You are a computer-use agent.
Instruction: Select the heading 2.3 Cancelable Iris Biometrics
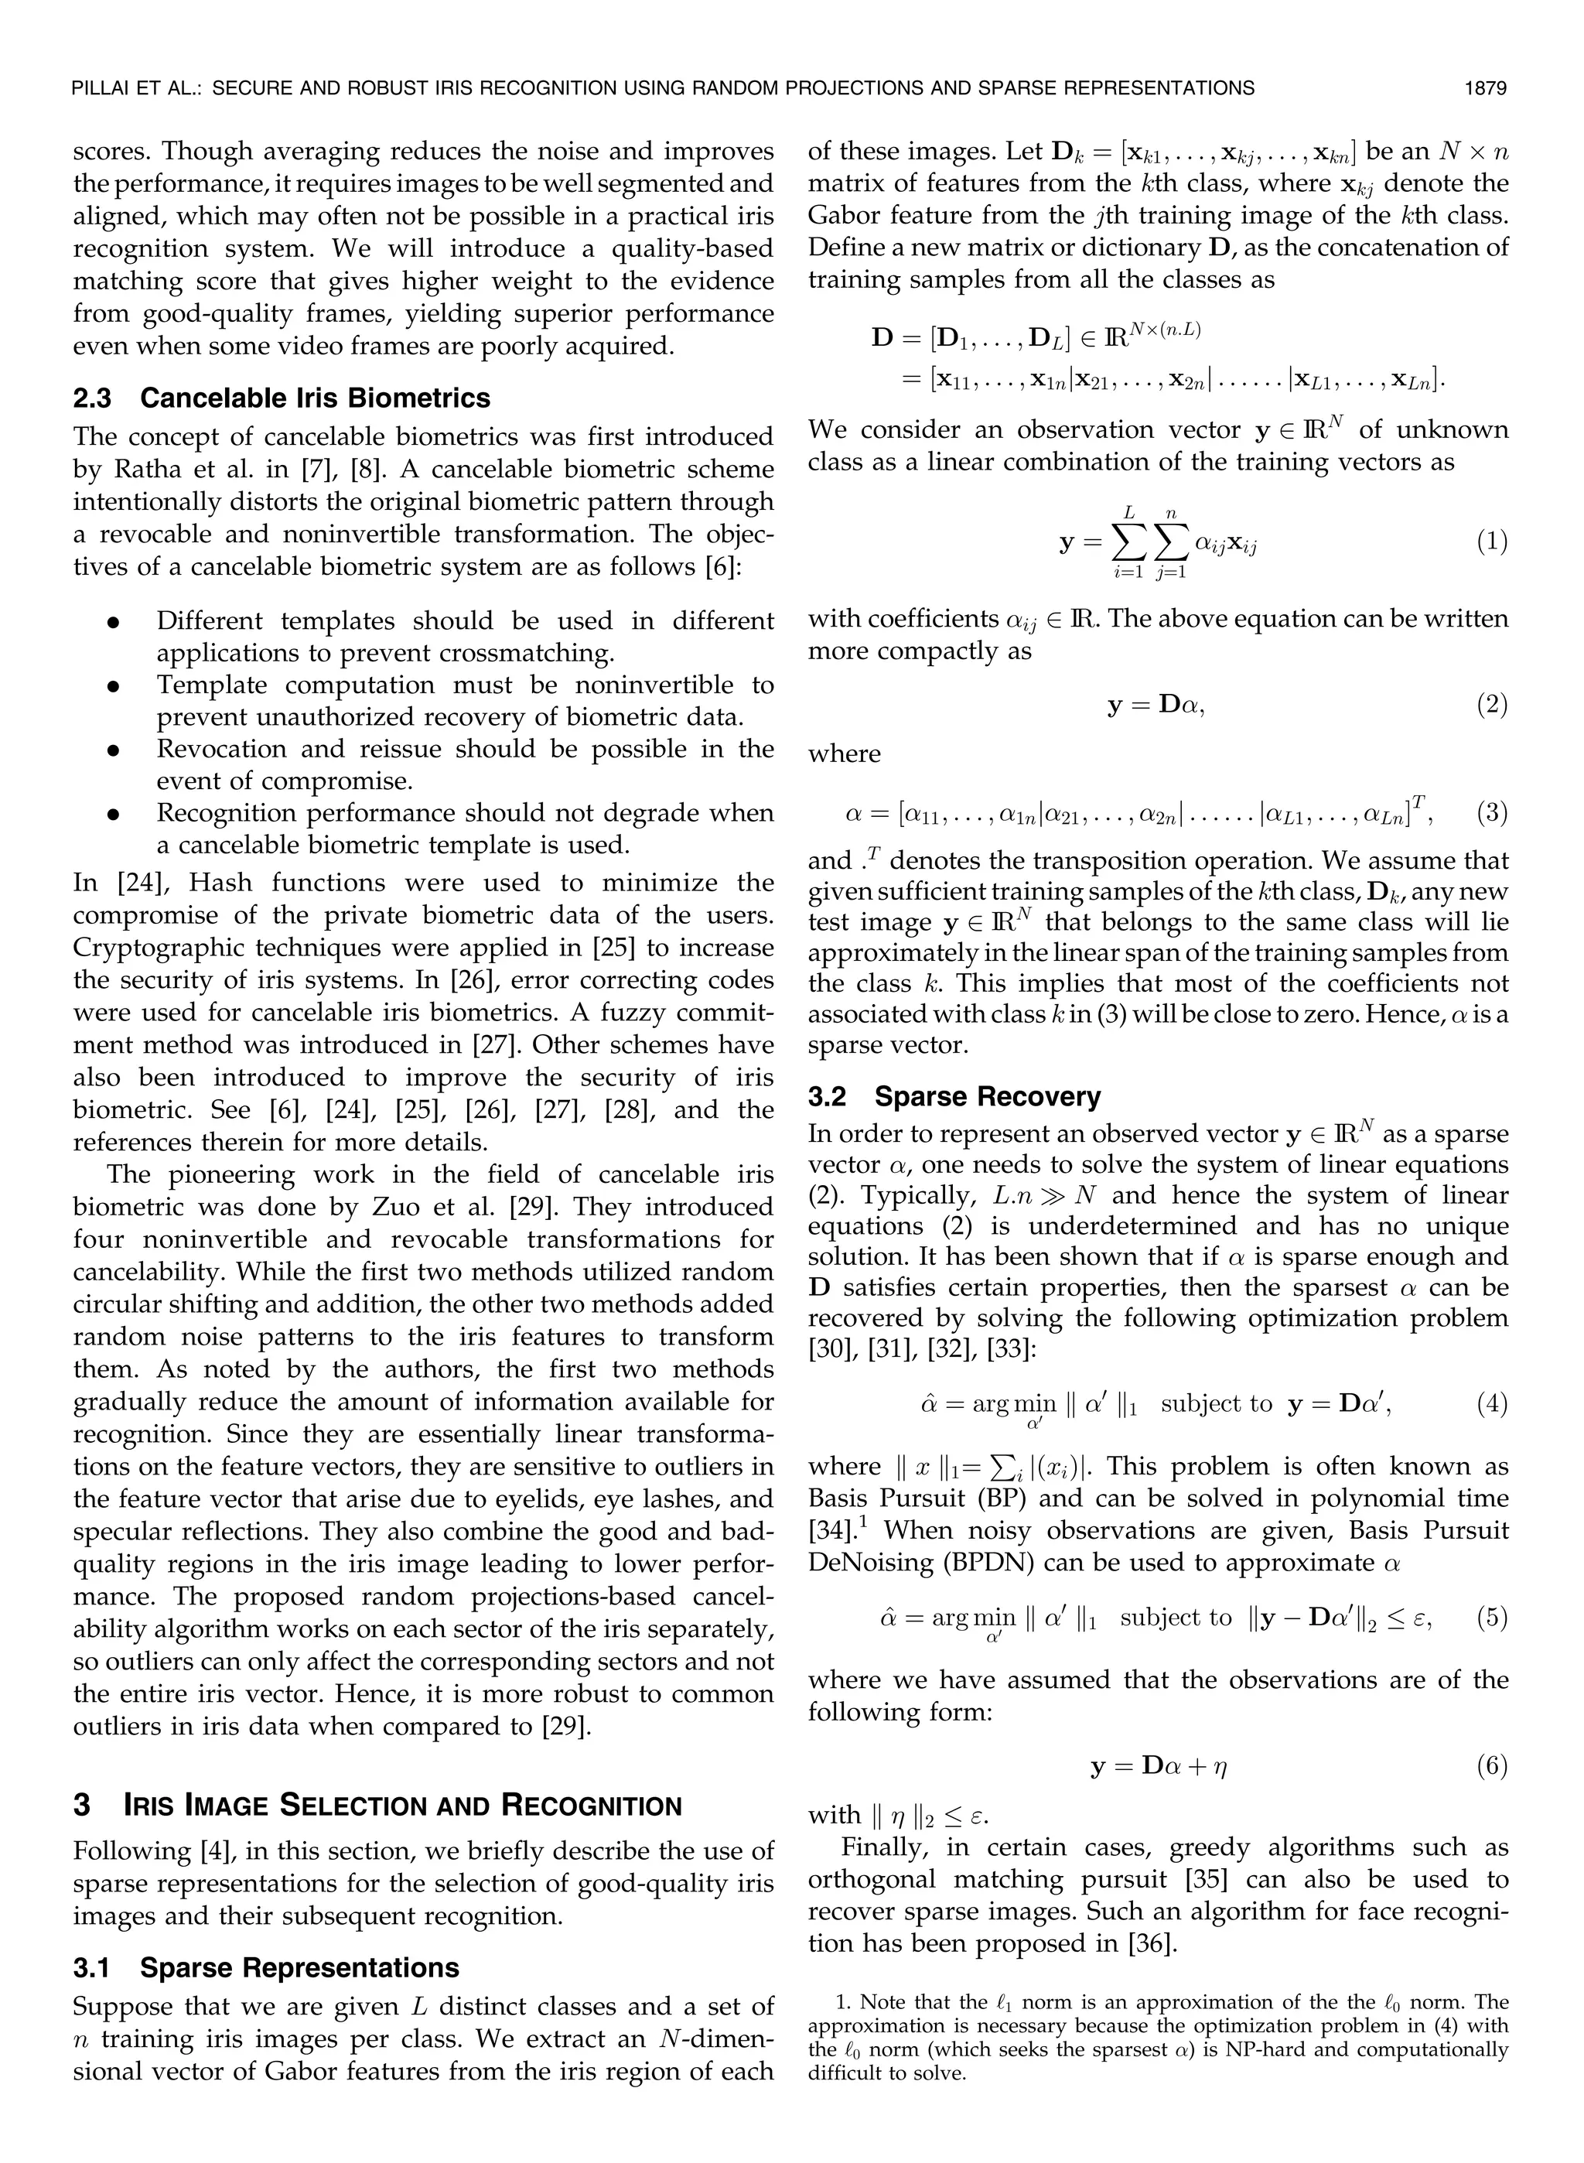pos(281,398)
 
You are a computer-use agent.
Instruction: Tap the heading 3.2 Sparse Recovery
pos(954,1097)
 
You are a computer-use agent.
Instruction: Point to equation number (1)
pos(1491,542)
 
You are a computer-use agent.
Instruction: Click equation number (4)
pos(1491,1405)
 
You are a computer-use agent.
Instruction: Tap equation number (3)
pos(1491,814)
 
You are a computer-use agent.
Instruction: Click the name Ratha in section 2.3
pos(143,470)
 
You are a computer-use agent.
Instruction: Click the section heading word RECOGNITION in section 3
pos(591,1806)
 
